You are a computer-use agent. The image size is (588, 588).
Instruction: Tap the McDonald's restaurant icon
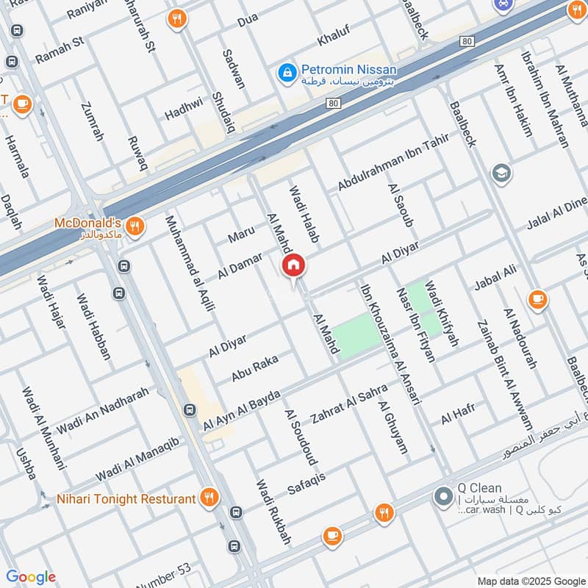(x=134, y=226)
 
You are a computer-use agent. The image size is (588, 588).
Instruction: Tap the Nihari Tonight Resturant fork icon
(x=210, y=499)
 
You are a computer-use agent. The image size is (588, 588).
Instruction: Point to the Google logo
(x=31, y=577)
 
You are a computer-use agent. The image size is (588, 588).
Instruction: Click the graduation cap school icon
(x=503, y=174)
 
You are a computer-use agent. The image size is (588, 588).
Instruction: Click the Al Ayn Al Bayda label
(x=242, y=412)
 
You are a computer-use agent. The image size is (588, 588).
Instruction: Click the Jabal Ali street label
(x=496, y=279)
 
